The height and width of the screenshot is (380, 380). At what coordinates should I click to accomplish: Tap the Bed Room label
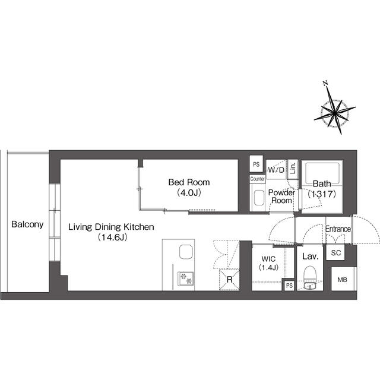[189, 182]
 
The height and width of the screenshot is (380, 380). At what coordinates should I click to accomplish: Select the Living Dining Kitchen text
[111, 227]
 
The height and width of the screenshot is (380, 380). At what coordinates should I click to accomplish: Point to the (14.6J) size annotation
[113, 237]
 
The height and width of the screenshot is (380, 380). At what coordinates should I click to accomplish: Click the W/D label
[276, 170]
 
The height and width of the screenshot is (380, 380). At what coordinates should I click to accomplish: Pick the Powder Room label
[281, 197]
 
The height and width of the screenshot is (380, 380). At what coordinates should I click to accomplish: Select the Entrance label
[338, 229]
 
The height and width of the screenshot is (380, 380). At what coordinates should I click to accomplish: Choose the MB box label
[343, 280]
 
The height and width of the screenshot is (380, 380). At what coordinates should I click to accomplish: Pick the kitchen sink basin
[186, 252]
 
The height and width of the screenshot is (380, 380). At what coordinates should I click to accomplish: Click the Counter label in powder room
[257, 179]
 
